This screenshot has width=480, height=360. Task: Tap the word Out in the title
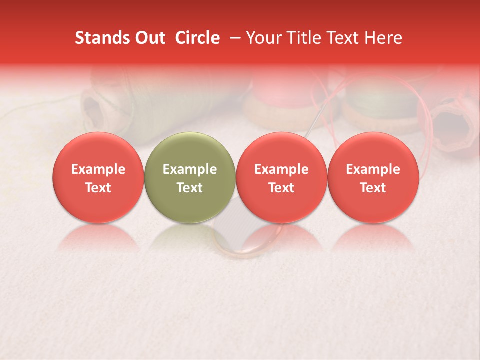click(149, 38)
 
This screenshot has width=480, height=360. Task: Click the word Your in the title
click(262, 38)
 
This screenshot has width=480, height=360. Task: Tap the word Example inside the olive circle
click(190, 169)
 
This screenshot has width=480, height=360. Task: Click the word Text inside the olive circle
click(190, 188)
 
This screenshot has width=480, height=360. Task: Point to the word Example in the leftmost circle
click(98, 169)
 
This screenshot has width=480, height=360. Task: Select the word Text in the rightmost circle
click(373, 188)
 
